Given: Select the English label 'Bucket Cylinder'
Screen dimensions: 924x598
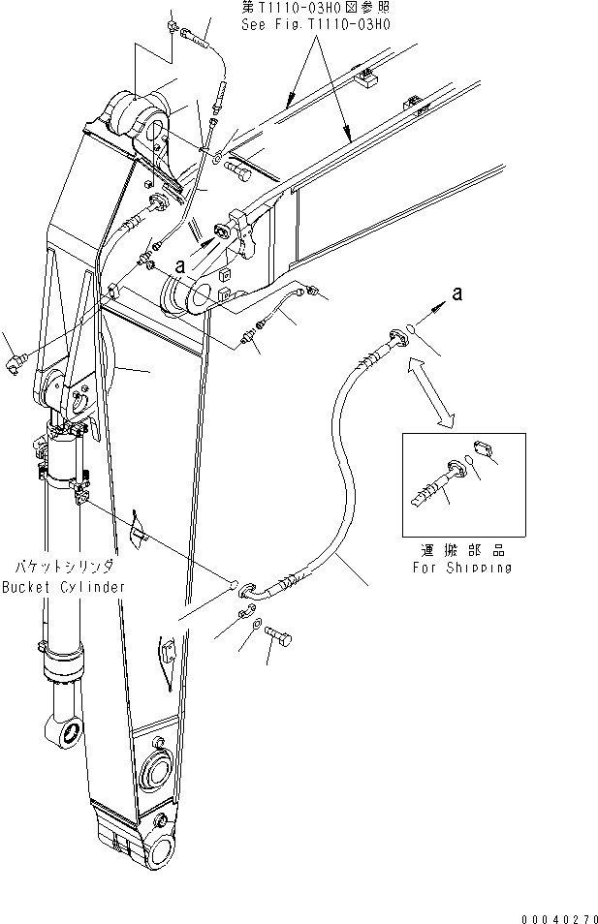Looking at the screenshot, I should click(62, 587).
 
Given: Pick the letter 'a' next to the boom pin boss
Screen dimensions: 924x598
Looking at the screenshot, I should click(179, 262).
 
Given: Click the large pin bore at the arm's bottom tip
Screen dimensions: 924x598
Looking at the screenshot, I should click(157, 852).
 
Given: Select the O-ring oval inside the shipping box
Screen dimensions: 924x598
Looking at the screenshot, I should click(470, 462).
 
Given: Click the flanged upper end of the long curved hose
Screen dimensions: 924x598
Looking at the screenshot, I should click(396, 338).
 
